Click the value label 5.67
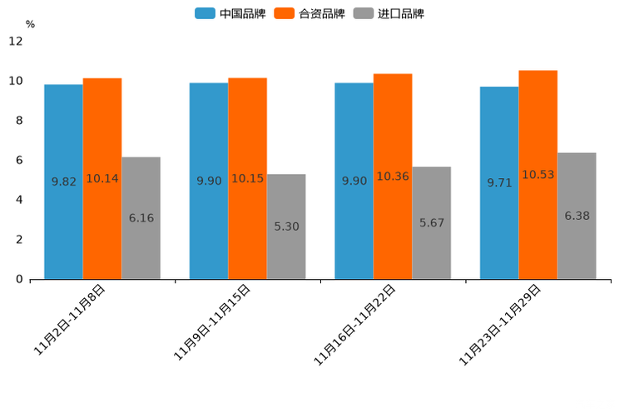pos(432,223)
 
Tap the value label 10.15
pos(247,179)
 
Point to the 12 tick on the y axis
pos(16,42)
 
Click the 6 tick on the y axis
pos(19,161)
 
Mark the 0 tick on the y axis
pos(19,280)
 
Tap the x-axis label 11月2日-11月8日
pos(70,320)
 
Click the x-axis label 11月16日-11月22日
pos(355,325)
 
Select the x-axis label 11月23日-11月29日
pos(501,325)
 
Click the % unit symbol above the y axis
pos(30,24)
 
